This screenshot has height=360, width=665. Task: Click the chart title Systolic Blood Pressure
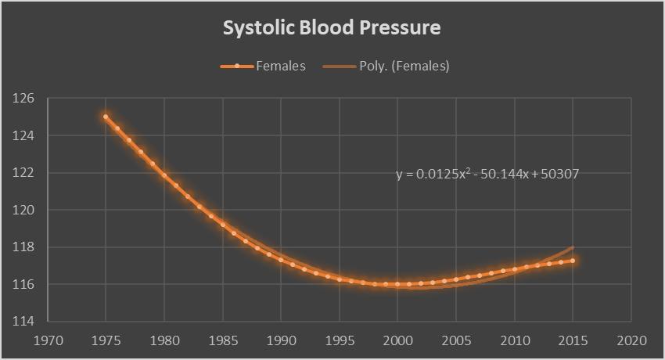point(332,28)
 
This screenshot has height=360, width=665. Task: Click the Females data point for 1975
point(106,117)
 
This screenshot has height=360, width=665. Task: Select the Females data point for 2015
point(573,261)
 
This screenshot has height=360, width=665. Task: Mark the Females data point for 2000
point(397,284)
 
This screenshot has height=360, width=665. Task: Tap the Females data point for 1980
point(164,175)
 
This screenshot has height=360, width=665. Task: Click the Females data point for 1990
point(281,259)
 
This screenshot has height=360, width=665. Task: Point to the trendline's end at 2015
point(573,247)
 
